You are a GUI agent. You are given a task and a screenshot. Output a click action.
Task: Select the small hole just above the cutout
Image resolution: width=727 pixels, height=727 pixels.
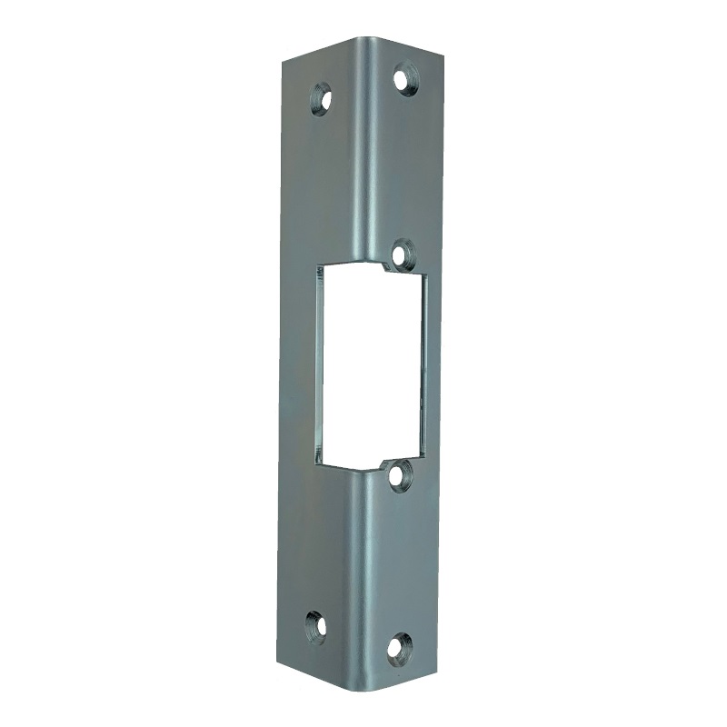[403, 253]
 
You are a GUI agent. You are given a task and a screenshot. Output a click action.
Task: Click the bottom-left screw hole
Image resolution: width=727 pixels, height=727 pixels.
[316, 627]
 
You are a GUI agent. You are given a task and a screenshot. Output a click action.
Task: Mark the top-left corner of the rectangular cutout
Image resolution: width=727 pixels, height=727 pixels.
[318, 264]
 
